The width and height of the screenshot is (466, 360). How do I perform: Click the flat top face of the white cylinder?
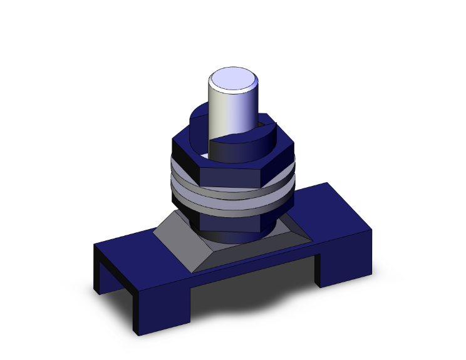233,81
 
